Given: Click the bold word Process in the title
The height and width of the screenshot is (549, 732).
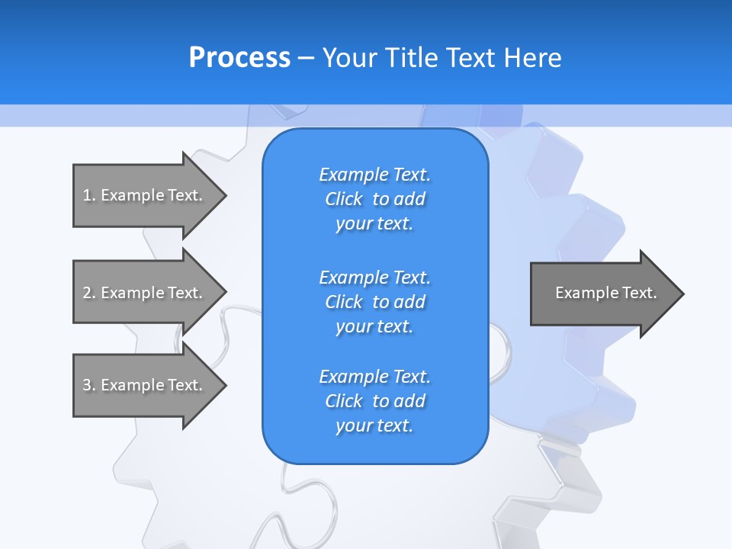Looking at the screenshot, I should (239, 58).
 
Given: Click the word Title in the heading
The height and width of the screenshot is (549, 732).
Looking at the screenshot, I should (410, 58).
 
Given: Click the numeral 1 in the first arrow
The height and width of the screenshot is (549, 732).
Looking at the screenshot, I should (87, 195).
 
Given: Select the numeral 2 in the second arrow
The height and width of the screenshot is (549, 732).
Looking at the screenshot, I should (87, 293).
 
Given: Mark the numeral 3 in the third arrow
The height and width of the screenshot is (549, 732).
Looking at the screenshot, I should (87, 385).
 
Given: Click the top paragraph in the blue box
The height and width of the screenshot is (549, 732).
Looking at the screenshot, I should (374, 199).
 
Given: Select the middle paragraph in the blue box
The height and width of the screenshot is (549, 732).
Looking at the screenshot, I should (374, 301).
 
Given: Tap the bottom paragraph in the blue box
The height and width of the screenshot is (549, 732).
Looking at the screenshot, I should (374, 401).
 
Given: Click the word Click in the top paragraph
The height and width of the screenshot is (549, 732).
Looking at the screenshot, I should (344, 199).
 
